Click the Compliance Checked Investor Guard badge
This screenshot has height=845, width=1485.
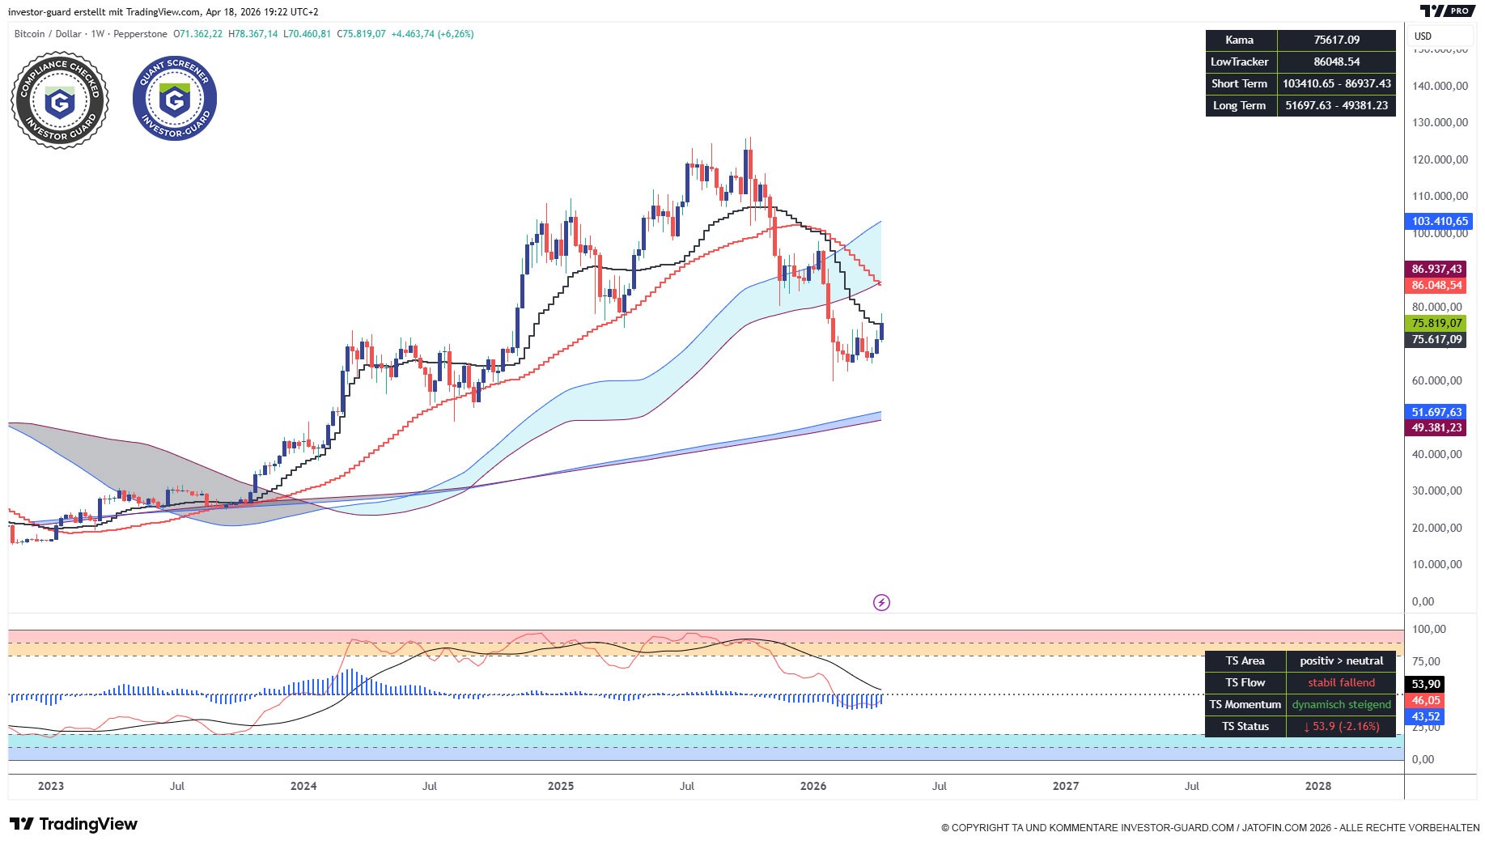60,100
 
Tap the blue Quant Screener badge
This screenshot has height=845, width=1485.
175,98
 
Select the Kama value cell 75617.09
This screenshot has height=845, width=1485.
1336,40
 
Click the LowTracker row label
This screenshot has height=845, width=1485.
1240,62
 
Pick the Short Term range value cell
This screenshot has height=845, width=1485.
1336,83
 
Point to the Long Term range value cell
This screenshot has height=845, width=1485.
1336,105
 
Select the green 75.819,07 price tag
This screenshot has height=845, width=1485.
1436,323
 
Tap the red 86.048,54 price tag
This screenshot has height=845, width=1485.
1436,285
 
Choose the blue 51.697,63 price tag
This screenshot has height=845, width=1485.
1436,412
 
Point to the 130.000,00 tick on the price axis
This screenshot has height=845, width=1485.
1439,122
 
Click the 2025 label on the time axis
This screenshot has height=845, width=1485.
560,786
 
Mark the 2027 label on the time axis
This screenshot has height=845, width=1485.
1065,786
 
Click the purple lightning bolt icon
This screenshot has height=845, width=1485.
881,602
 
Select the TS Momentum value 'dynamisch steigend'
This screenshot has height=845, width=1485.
1341,704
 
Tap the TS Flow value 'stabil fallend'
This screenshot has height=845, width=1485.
1341,682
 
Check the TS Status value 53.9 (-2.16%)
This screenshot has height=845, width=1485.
1341,726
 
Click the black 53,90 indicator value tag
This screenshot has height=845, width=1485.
1426,684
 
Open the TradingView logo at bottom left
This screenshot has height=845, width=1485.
74,824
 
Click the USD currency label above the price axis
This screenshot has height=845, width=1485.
1423,36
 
